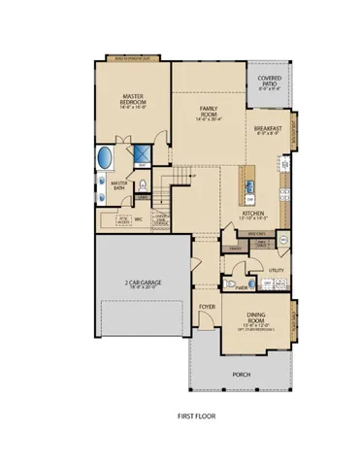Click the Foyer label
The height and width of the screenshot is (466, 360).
206,307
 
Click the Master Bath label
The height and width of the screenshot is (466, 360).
120,185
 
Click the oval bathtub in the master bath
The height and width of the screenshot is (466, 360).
105,158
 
